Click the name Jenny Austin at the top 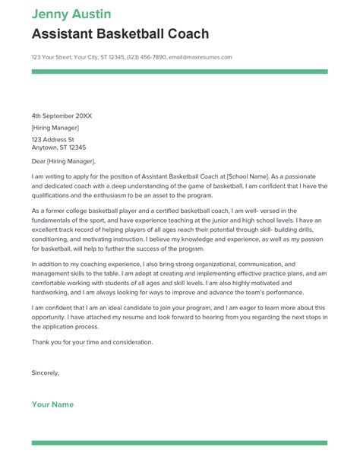(71, 14)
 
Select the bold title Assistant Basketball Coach (120, 34)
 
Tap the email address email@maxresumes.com (201, 57)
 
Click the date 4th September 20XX (62, 116)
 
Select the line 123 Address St (52, 140)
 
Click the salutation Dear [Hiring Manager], (64, 161)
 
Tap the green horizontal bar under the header (179, 71)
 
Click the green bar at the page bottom (179, 442)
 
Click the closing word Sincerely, (46, 372)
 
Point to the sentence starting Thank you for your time (92, 341)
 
